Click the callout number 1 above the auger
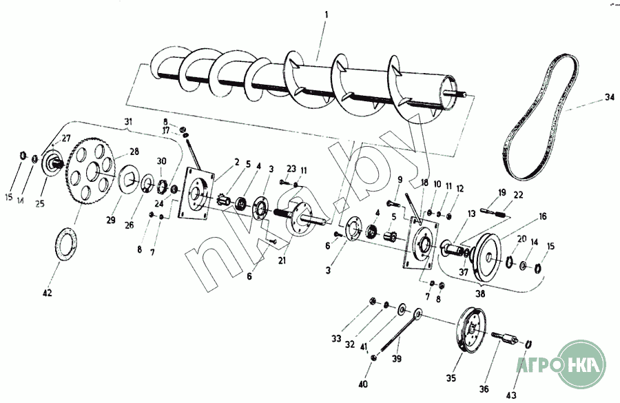click(x=327, y=15)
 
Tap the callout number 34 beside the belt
click(x=610, y=97)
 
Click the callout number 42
click(x=47, y=293)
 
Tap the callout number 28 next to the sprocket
click(x=134, y=152)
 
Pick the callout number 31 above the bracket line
click(x=128, y=121)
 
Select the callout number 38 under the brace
click(x=480, y=294)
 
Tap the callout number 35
click(x=451, y=378)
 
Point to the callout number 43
click(x=511, y=395)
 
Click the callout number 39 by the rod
click(x=397, y=358)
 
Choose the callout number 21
click(x=282, y=261)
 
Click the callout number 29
click(x=111, y=220)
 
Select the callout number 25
click(x=40, y=204)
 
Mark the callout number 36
click(x=484, y=389)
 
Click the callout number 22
click(x=518, y=195)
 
